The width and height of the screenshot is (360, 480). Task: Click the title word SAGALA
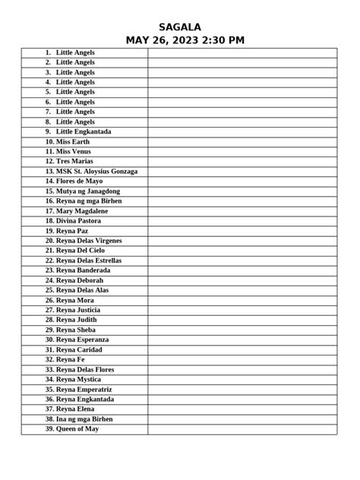click(180, 27)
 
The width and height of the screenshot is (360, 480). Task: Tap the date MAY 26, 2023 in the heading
click(161, 40)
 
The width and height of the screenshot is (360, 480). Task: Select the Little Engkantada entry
click(84, 131)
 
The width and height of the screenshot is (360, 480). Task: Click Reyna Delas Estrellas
click(88, 261)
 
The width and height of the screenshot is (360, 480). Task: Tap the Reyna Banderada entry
click(83, 270)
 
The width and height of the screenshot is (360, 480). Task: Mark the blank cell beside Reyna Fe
click(242, 359)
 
